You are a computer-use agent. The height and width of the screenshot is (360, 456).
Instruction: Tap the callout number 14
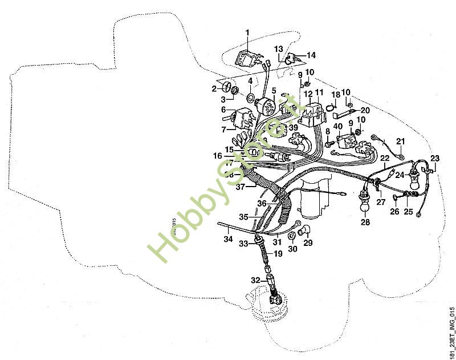click(311, 55)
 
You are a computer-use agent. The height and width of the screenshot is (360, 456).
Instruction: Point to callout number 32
click(256, 281)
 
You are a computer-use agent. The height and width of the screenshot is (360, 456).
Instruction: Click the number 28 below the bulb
click(365, 223)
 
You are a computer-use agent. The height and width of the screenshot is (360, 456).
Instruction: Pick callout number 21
click(400, 141)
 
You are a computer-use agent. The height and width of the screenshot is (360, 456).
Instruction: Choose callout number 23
click(435, 159)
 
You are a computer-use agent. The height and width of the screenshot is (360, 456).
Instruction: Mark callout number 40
click(337, 127)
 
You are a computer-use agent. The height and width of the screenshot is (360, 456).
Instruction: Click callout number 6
click(223, 110)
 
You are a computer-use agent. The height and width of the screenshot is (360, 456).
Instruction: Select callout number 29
click(308, 243)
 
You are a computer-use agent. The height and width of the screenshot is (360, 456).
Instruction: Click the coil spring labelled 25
click(409, 197)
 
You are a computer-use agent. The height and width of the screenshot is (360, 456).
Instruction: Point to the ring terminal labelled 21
click(401, 152)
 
